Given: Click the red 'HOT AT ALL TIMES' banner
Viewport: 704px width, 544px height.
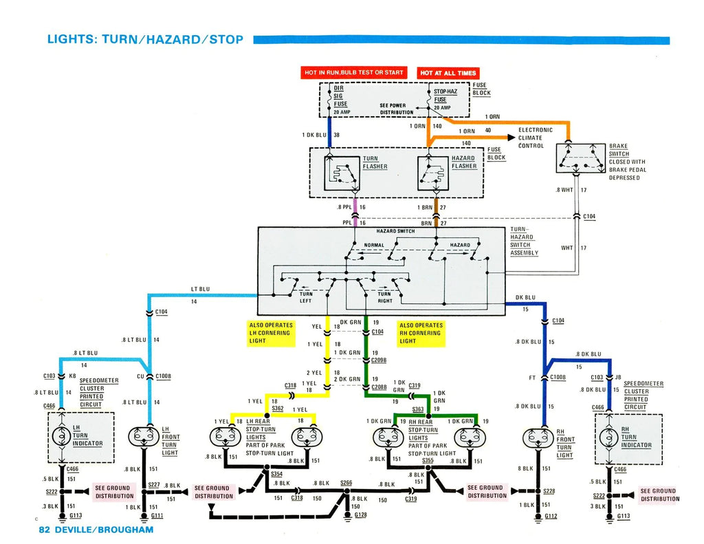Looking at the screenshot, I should [448, 73].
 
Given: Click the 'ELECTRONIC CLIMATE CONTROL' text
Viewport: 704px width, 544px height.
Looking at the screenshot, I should [536, 138].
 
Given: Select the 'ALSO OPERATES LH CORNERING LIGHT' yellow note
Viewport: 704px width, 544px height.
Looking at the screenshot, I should [270, 333].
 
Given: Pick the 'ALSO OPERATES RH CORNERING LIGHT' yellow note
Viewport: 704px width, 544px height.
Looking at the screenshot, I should [421, 333].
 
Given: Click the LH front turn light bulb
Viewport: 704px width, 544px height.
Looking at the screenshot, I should [144, 437].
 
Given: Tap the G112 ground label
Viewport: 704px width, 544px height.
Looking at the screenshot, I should [551, 516].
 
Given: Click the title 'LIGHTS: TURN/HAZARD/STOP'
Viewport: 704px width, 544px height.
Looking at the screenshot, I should [145, 39].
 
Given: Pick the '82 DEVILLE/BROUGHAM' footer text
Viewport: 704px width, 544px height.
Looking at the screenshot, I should [96, 530].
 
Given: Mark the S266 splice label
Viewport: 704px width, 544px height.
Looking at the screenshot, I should [346, 483].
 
